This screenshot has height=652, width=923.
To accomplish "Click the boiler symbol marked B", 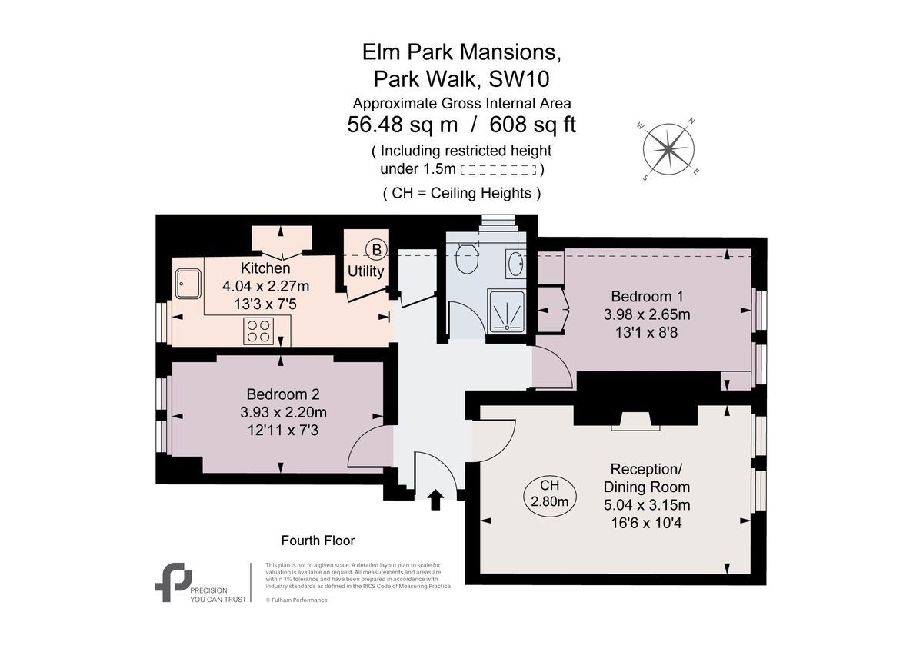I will coord(376,249).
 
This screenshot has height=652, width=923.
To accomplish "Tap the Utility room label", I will coord(365,271).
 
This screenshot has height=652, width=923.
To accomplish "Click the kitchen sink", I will coord(188,283).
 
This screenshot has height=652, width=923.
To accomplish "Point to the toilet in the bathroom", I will coord(465,259).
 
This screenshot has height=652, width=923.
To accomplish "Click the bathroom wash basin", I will coord(515,264).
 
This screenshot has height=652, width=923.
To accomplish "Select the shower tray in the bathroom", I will coord(506,311).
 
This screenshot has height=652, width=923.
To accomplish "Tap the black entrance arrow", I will coord(435,499).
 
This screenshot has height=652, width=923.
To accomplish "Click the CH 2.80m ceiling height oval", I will coord(549,494).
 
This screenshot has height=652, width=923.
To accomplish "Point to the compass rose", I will coord(668,148).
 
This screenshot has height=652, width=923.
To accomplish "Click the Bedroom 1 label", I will coord(647,296).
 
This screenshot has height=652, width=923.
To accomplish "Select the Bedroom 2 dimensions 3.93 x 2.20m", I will coord(283,411).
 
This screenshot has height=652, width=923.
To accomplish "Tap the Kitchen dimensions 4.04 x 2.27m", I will coord(265,286).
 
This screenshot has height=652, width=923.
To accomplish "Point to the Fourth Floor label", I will coord(318,541).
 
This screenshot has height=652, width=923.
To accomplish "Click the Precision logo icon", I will coord(173,581).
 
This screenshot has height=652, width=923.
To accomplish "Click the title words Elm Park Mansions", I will coord(461,52).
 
